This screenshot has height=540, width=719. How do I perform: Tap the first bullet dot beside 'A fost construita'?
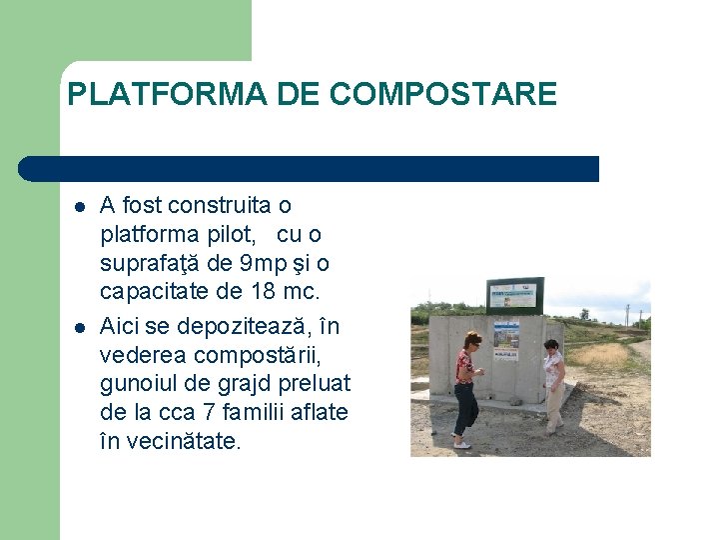pyautogui.click(x=79, y=207)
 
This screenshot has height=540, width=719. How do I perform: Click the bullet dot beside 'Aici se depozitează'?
pyautogui.click(x=79, y=327)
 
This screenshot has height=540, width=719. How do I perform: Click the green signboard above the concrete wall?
pyautogui.click(x=514, y=296)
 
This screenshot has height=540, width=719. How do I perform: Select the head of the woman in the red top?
pyautogui.click(x=472, y=341)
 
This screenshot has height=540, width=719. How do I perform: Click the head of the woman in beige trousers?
pyautogui.click(x=550, y=347)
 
